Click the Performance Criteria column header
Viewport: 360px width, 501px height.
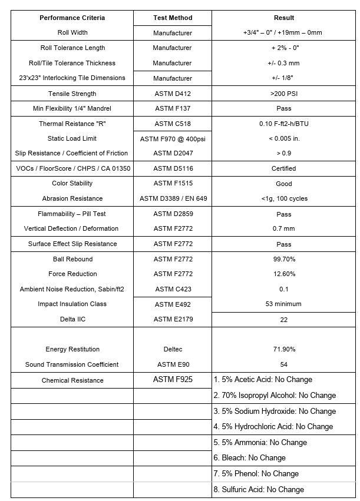pos(72,18)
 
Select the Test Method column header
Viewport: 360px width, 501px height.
pos(172,18)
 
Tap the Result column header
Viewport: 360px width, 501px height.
pos(284,18)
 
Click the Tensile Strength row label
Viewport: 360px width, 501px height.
pos(72,94)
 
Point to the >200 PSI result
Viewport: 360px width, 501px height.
pos(284,94)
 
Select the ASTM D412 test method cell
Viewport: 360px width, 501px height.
pos(172,94)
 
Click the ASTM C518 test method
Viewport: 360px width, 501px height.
pos(172,124)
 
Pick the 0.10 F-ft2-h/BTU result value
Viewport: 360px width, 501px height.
pos(284,124)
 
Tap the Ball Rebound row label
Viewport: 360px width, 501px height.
pos(72,259)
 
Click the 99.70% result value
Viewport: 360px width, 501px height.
pos(284,259)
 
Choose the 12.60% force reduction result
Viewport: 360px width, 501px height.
pos(284,274)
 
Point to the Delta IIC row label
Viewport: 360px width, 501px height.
pos(72,319)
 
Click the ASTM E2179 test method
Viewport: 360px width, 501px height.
pos(172,319)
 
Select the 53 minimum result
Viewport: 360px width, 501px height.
pos(284,304)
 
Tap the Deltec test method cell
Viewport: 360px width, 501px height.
pos(172,349)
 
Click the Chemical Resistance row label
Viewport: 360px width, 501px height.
pos(72,380)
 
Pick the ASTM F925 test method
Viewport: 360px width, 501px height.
pos(172,380)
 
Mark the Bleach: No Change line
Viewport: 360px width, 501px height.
pos(250,458)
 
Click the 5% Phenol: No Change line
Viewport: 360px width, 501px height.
pos(256,474)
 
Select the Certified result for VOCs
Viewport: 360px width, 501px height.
pos(284,168)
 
